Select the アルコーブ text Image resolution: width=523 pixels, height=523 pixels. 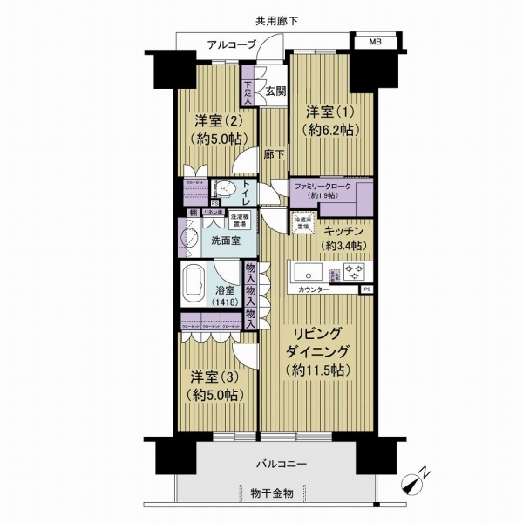pos(231,44)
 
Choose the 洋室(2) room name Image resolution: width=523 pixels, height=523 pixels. pos(212,120)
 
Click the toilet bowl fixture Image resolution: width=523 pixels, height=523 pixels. pos(226,189)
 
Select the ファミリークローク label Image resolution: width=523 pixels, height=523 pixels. pos(323,187)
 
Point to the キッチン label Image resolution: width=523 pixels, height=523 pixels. pos(343,231)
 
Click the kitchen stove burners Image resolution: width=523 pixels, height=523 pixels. pos(354,271)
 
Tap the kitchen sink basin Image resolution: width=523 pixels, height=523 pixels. pos(309,270)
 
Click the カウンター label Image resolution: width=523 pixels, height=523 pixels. pos(313,289)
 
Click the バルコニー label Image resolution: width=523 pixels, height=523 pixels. pos(281,464)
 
